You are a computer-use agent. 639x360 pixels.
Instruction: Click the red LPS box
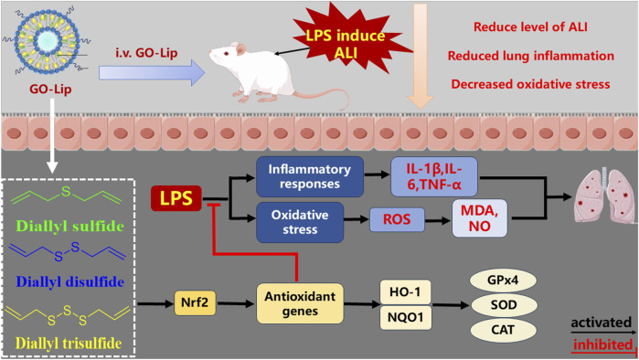coord(176,198)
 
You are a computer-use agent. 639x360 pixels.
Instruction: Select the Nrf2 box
coord(195,302)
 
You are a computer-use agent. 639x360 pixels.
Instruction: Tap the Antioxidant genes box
coord(300,303)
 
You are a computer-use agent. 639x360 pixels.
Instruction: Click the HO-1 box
coord(405,291)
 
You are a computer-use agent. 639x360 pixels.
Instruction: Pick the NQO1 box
coord(405,317)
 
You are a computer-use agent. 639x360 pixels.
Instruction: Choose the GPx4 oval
coord(503,281)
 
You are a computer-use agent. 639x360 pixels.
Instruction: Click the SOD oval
coord(504,304)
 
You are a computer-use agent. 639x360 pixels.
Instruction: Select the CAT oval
coord(503,330)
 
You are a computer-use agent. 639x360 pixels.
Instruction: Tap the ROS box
coord(397,219)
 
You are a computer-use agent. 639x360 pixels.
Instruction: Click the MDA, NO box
coord(480,218)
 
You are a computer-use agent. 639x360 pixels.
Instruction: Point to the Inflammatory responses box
coord(310,176)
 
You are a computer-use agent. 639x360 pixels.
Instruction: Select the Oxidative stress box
coord(300,222)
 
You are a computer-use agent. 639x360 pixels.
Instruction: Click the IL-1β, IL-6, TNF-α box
coord(434,176)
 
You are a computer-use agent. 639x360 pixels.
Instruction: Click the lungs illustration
coord(604,196)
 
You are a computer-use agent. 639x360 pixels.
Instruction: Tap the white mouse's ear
coord(240,49)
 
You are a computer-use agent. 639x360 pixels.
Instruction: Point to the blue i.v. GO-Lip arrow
coord(152,73)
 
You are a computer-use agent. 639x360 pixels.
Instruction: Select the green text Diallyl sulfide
coord(69,226)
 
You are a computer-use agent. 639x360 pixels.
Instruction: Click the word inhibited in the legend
coord(602,345)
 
